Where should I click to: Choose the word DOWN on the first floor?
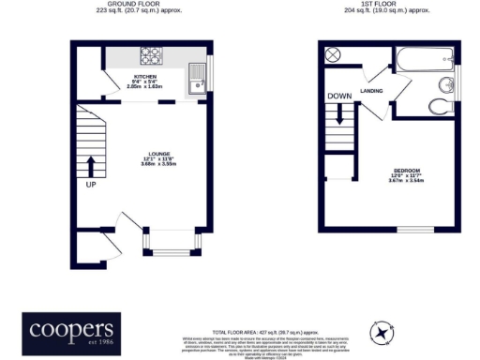pos(338,97)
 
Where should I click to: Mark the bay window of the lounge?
pos(170,243)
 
